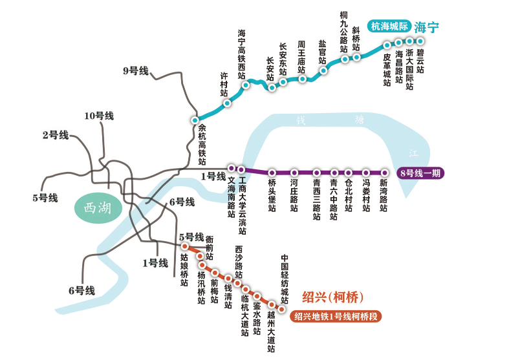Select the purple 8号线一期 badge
click(x=421, y=173)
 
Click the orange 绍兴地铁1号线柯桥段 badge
click(x=336, y=317)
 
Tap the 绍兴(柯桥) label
click(x=333, y=297)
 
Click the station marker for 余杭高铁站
click(x=194, y=120)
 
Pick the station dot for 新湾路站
click(x=384, y=173)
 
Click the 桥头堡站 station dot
click(x=272, y=173)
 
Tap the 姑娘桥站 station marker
click(x=184, y=247)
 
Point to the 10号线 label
click(x=99, y=116)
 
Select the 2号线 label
click(x=55, y=135)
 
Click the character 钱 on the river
click(x=300, y=120)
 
